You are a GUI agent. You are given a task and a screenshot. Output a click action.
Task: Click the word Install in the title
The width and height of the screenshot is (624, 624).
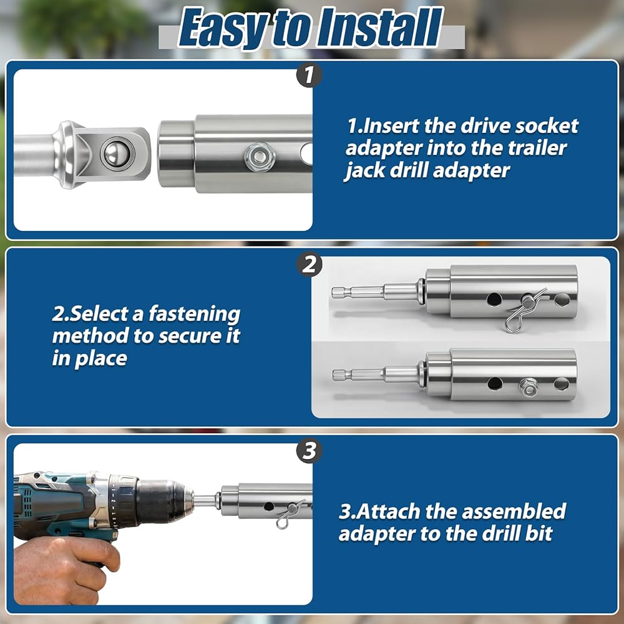click(x=379, y=29)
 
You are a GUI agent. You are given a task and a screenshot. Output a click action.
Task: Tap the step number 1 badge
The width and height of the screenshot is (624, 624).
click(x=309, y=75)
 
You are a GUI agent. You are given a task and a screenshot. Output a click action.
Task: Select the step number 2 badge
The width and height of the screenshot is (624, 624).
click(x=310, y=264)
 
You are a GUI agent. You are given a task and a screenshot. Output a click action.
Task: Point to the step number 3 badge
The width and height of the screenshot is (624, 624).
click(x=310, y=451)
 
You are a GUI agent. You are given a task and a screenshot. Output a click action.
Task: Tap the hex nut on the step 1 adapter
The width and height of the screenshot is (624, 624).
click(x=260, y=157)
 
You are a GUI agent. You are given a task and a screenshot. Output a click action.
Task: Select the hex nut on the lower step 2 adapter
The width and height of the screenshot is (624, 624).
click(x=528, y=386)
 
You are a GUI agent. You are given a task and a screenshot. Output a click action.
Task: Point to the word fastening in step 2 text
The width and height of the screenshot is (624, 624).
click(x=194, y=314)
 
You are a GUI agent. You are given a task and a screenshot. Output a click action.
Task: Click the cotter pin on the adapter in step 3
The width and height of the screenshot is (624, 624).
click(x=290, y=514)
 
